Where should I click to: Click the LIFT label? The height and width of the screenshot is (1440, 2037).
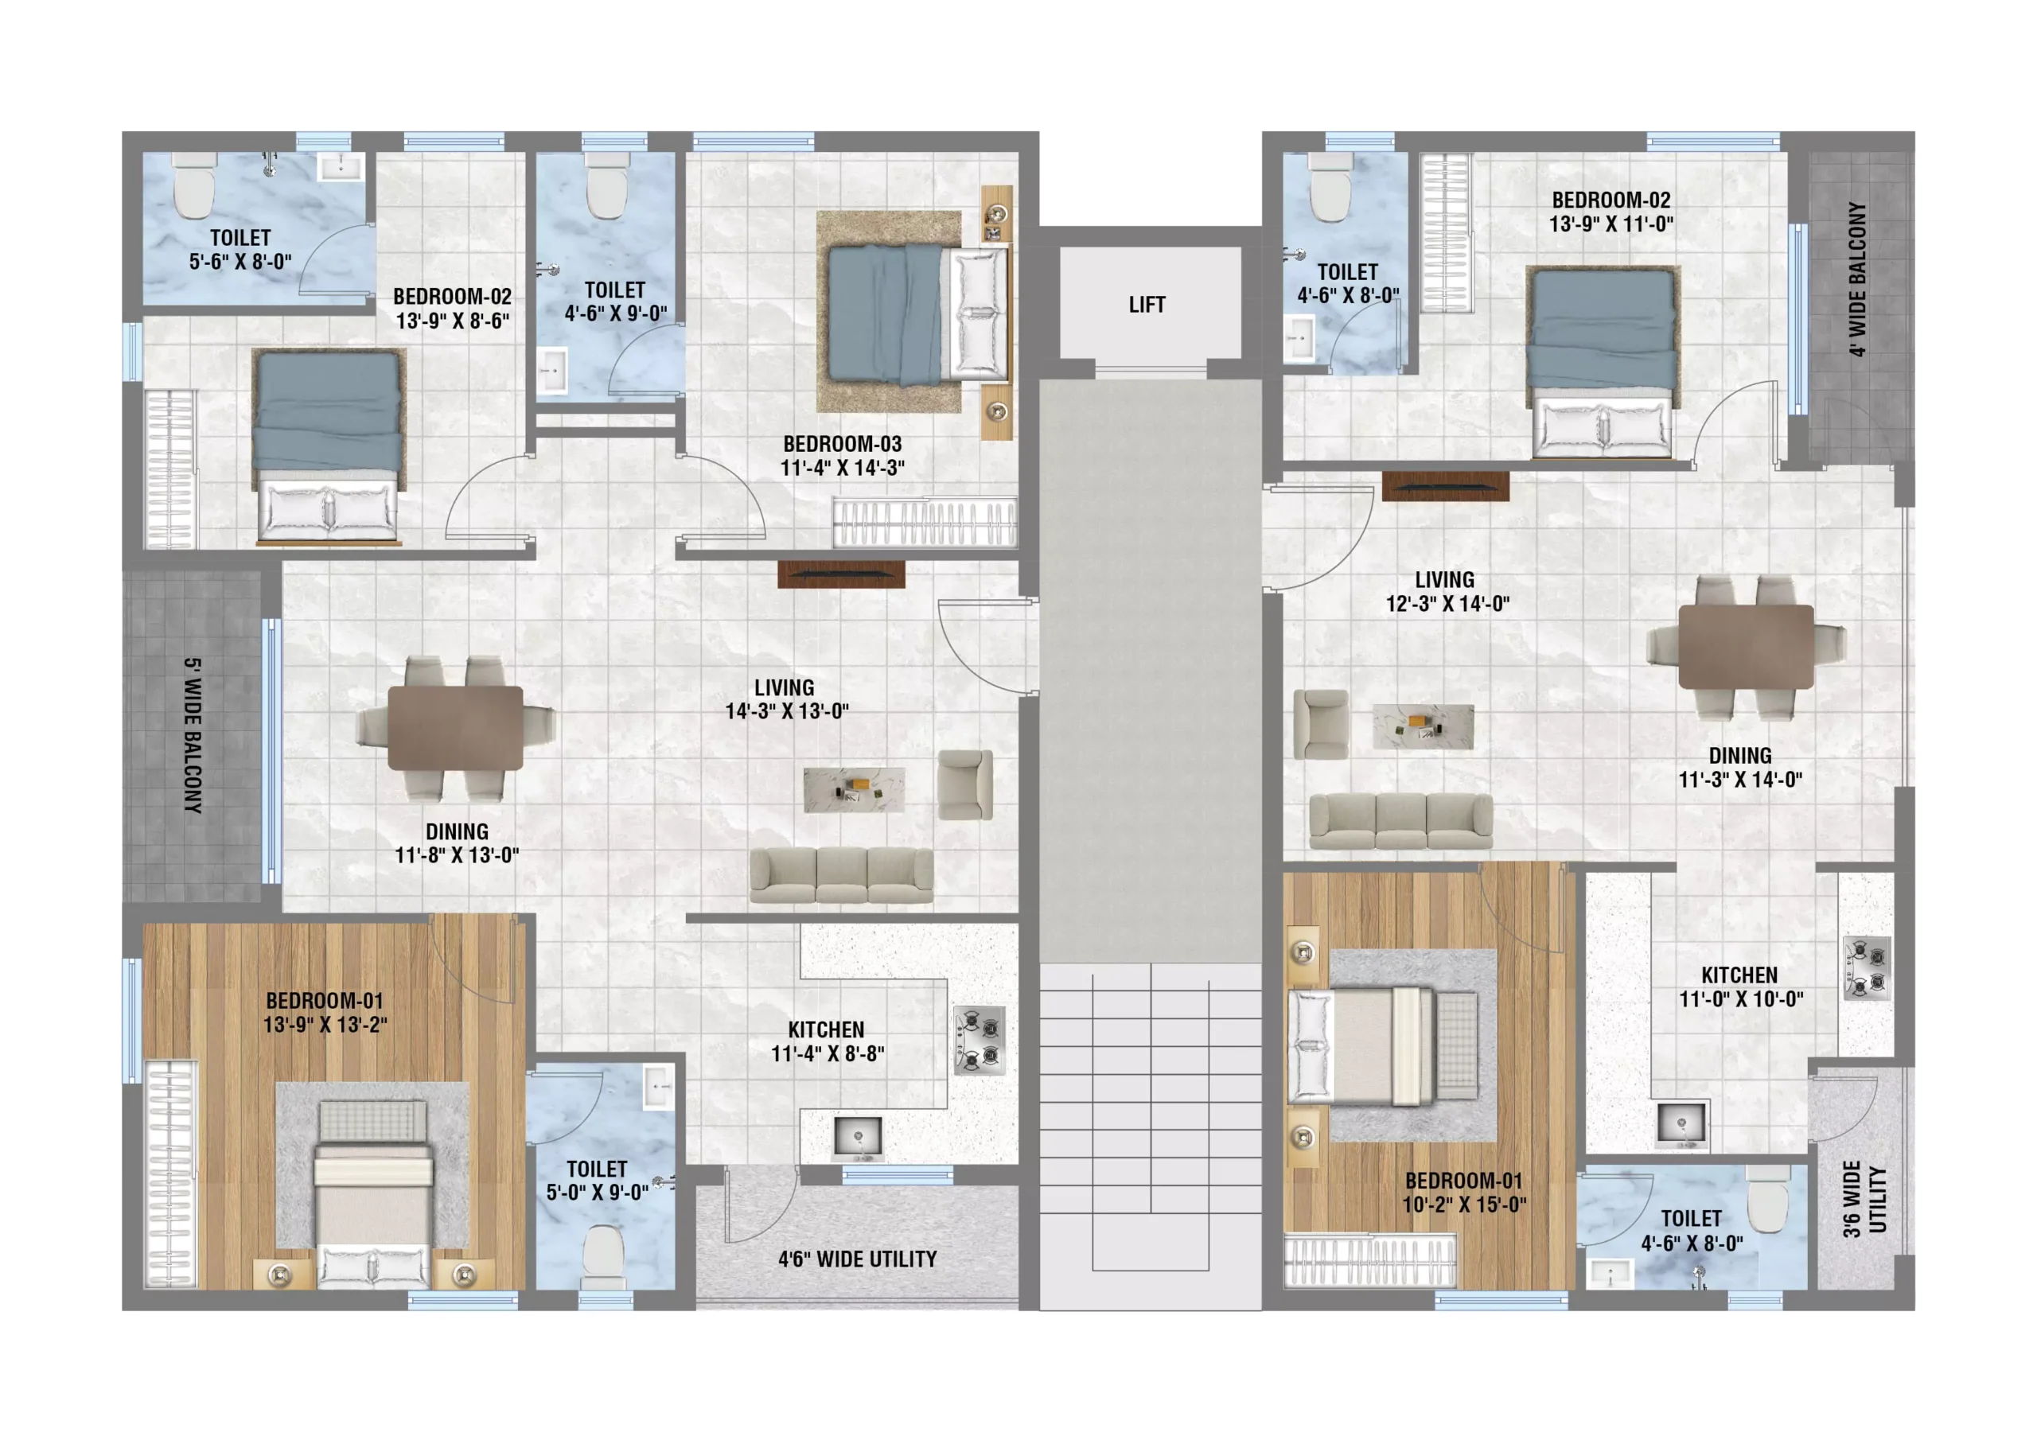click(x=1147, y=305)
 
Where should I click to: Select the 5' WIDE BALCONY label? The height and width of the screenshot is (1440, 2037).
click(x=193, y=736)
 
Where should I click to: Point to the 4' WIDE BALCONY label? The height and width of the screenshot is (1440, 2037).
click(x=1858, y=278)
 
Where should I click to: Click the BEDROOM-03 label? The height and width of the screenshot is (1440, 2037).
click(x=842, y=444)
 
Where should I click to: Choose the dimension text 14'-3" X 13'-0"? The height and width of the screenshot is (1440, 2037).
click(x=787, y=711)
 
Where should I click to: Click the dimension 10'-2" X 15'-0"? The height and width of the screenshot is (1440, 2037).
click(x=1464, y=1205)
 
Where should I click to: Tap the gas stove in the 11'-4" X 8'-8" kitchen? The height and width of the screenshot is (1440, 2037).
click(x=980, y=1040)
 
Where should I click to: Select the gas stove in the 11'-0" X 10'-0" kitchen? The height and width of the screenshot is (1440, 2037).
click(x=1867, y=968)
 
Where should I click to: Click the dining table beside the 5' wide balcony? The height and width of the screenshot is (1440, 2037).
click(x=455, y=729)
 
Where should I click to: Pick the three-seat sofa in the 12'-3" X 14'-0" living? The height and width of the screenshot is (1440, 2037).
click(x=1401, y=821)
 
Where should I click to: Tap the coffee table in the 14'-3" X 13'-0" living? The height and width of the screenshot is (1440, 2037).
click(x=854, y=790)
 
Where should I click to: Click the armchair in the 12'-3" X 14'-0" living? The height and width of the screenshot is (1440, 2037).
click(x=1321, y=724)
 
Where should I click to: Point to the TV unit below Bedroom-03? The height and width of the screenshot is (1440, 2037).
click(x=841, y=574)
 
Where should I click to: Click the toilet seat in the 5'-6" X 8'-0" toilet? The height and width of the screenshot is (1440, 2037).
click(x=194, y=185)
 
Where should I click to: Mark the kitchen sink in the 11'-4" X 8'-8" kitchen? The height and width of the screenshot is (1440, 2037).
click(x=858, y=1138)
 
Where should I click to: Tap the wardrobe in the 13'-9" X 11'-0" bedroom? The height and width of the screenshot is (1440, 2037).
click(x=1446, y=232)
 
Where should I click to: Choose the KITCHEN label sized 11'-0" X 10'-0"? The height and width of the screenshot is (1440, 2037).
click(x=1739, y=975)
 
